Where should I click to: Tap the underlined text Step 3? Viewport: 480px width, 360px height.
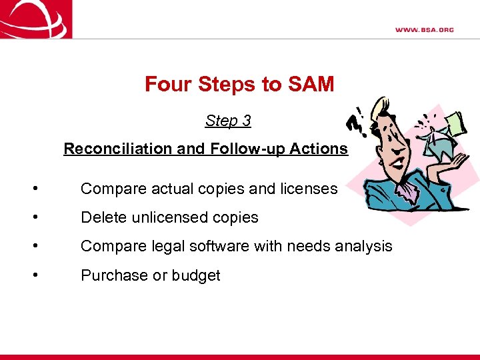[228, 121]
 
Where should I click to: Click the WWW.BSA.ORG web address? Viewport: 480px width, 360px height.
[424, 30]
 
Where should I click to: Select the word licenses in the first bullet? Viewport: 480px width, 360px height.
[309, 189]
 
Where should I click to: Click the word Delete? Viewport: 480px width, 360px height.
[103, 217]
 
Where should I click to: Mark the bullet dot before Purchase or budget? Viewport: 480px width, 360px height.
[34, 275]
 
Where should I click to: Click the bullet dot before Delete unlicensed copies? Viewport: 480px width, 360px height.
[34, 217]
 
